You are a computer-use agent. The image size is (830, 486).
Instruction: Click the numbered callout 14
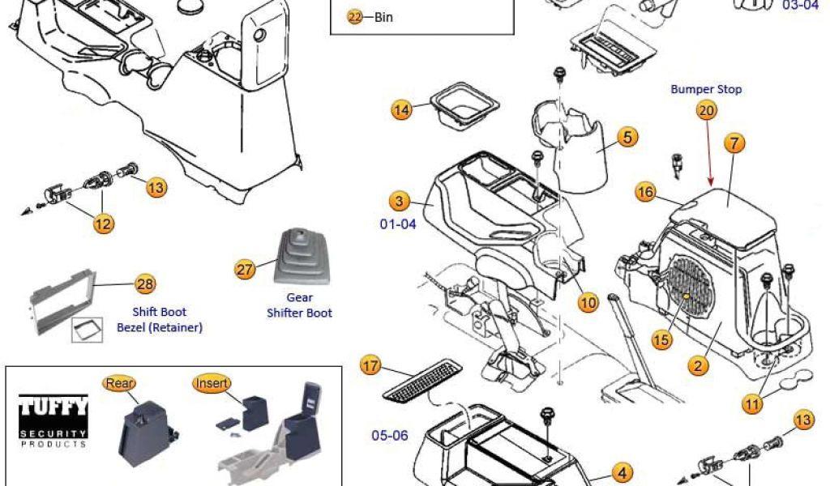click(x=401, y=109)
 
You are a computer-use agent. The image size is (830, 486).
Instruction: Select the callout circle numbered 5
click(x=627, y=137)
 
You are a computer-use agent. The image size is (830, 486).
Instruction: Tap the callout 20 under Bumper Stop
click(x=707, y=111)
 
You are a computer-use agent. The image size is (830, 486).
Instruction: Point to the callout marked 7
click(x=734, y=144)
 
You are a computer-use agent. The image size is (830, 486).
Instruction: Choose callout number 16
click(x=645, y=192)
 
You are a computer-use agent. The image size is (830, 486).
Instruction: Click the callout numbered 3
click(x=399, y=200)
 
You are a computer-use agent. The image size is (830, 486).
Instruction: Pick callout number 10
click(x=588, y=302)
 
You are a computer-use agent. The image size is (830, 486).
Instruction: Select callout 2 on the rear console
click(x=697, y=365)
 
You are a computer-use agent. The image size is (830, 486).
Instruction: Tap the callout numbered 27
click(x=245, y=270)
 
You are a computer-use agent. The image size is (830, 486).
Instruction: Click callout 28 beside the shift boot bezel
click(x=145, y=283)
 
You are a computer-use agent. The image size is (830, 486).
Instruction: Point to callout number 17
click(x=370, y=366)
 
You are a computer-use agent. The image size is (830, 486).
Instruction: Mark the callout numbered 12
click(x=104, y=223)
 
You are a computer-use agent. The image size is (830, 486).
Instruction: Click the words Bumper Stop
click(x=706, y=89)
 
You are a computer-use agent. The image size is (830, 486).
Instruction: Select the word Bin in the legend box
click(x=383, y=17)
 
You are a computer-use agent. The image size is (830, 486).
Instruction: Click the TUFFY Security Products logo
click(x=53, y=419)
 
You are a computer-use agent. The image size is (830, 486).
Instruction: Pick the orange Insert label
click(x=212, y=382)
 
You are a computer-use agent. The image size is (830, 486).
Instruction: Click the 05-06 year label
click(x=390, y=435)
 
